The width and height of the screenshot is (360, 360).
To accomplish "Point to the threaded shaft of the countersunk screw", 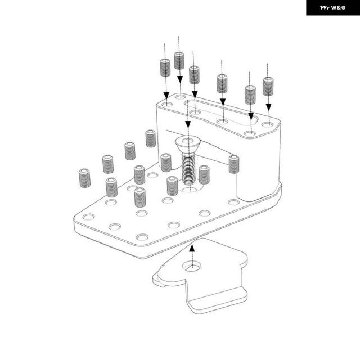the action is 188,168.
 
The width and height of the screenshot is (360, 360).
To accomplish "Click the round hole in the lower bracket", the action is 192,266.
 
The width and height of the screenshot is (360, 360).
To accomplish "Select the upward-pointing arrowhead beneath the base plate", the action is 192,247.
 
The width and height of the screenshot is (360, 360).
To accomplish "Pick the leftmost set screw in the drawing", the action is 85,178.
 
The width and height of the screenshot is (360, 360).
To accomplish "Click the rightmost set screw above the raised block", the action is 268,86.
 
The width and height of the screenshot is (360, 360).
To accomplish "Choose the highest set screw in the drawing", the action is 179,61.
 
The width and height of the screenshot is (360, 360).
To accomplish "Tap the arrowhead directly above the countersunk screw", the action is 188,125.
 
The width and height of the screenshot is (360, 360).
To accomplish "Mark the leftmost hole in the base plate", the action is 89,217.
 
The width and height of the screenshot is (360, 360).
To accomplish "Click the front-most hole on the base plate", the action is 142,237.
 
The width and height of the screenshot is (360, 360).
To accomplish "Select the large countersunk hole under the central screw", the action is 190,188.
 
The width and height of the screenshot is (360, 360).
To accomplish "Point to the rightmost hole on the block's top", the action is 267,125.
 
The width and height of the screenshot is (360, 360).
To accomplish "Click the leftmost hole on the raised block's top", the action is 167,105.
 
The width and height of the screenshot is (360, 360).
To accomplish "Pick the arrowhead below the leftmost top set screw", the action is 166,96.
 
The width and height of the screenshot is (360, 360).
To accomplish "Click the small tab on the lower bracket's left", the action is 159,280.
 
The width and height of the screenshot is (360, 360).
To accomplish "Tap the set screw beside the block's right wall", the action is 234,164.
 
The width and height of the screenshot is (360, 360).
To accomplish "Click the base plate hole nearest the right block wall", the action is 234,202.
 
